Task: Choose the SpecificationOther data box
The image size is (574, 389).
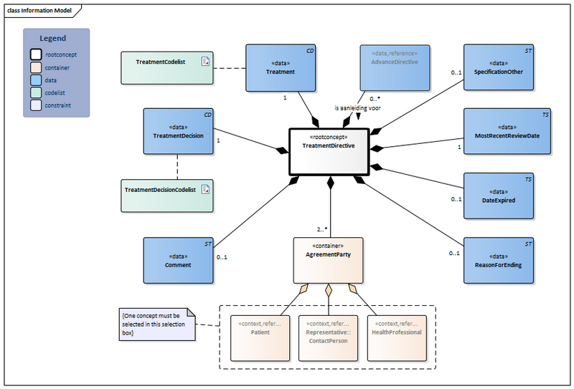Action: [498, 67]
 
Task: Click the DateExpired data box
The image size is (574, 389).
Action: [498, 195]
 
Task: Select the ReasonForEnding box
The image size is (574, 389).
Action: [498, 259]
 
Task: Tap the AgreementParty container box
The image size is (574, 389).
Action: [329, 259]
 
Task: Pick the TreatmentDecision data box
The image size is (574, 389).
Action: [178, 131]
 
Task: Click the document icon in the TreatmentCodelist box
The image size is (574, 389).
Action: [205, 62]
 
